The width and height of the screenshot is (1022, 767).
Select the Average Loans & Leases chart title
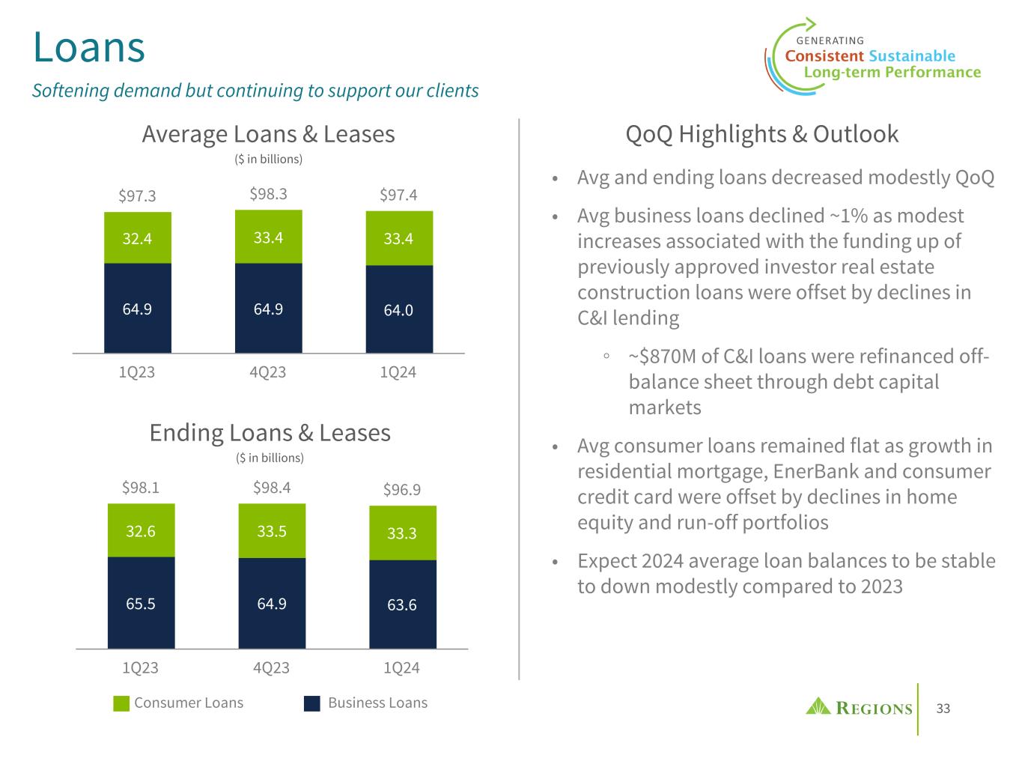(x=268, y=134)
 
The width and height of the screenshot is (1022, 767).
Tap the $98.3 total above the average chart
(x=268, y=195)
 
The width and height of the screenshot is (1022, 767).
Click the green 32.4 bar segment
(x=138, y=238)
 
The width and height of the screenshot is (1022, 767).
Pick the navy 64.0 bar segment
(x=399, y=309)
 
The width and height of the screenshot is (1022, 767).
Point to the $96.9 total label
(x=402, y=490)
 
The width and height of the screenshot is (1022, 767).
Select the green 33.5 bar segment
(x=272, y=531)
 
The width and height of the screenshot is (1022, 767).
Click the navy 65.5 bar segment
(x=141, y=603)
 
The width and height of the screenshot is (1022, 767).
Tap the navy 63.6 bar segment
(x=402, y=604)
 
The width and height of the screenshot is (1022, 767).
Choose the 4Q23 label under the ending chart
(x=271, y=667)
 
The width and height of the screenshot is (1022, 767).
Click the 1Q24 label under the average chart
(x=398, y=372)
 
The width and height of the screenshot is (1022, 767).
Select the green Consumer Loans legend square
(x=121, y=703)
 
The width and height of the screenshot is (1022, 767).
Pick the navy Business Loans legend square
(x=312, y=703)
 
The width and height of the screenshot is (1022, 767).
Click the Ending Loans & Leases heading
(x=270, y=433)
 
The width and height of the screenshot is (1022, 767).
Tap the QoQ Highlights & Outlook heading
(x=761, y=134)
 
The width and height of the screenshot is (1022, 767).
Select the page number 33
(x=943, y=709)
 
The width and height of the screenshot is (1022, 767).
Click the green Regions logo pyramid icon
(x=818, y=706)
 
